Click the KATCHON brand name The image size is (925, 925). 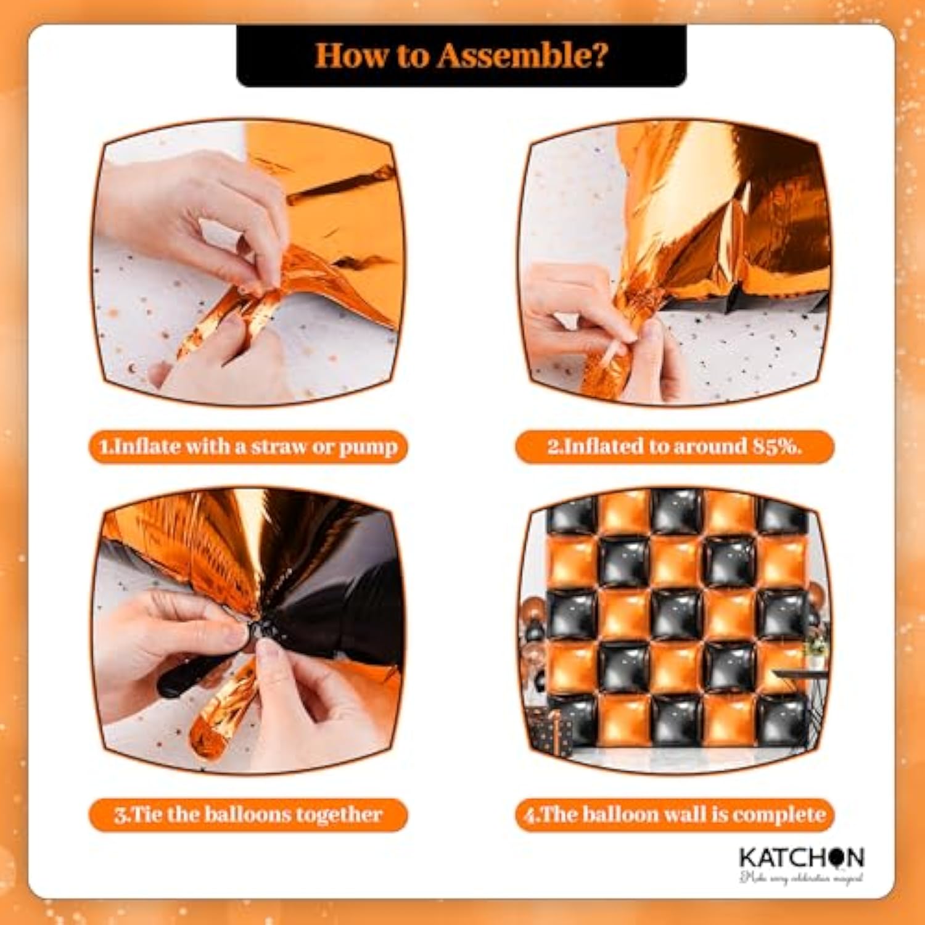click(x=801, y=858)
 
